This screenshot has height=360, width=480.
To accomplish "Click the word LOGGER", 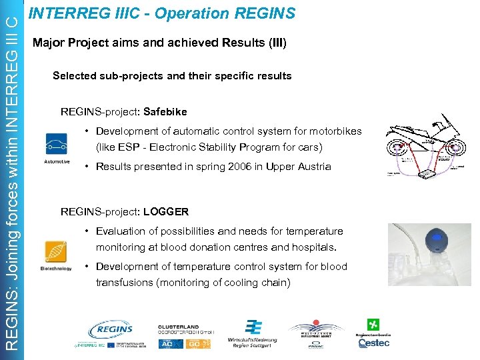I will pyautogui.click(x=166, y=212).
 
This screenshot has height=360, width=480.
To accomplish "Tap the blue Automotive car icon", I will pyautogui.click(x=56, y=144).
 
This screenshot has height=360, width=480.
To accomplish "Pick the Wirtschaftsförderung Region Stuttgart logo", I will pyautogui.click(x=252, y=334).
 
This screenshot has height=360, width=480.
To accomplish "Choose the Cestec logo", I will pyautogui.click(x=374, y=334).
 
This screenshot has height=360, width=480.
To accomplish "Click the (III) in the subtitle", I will pyautogui.click(x=276, y=43).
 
